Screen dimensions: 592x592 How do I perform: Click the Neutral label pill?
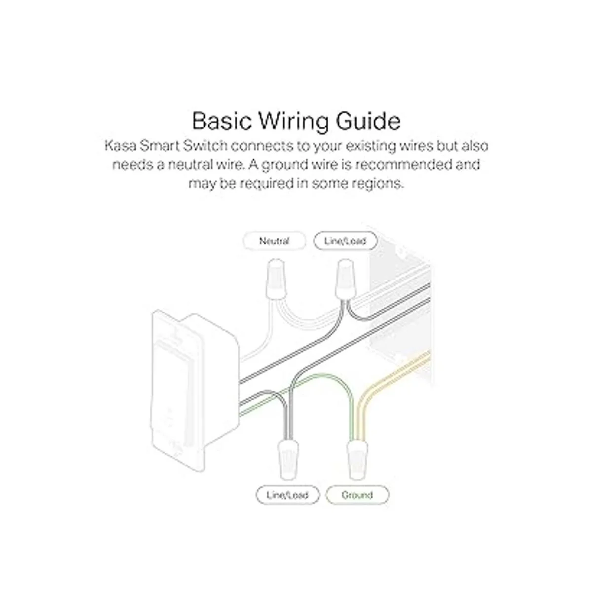(x=274, y=241)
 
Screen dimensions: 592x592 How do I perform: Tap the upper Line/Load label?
(x=345, y=241)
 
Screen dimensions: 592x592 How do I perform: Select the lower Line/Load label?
(x=288, y=495)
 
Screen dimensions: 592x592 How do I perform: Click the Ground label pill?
(x=357, y=495)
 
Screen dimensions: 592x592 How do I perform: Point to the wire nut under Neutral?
(x=276, y=279)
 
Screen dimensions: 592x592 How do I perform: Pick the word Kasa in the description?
(x=120, y=146)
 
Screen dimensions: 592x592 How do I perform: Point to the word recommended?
(x=404, y=165)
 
